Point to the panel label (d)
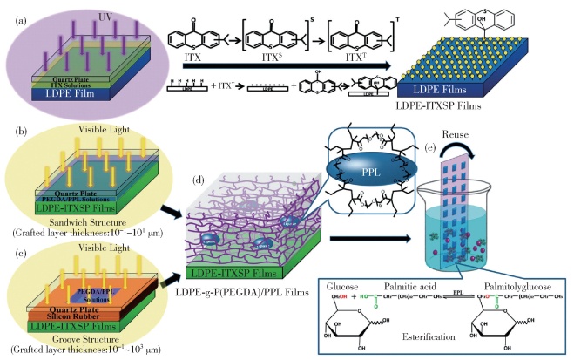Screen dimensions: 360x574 [199, 181]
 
